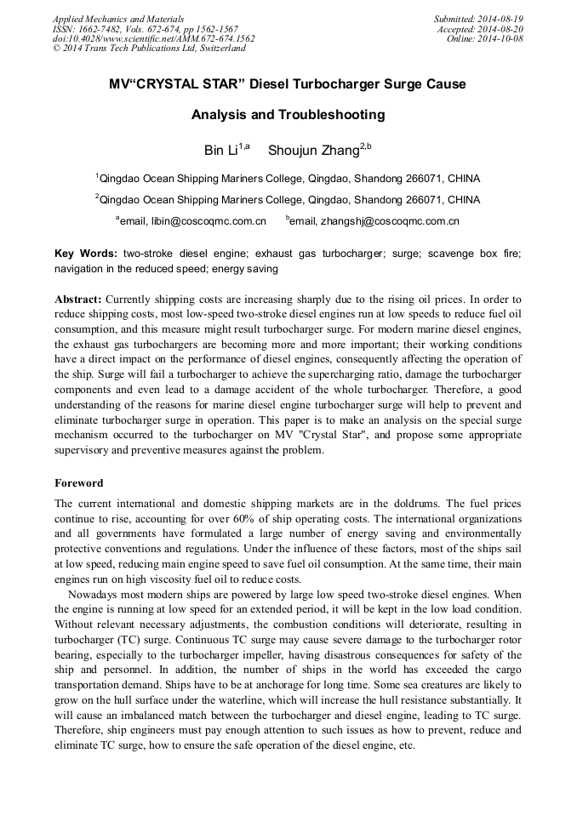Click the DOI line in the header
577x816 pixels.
coord(153,38)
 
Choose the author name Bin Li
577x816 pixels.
coord(221,151)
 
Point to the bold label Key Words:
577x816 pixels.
coord(86,254)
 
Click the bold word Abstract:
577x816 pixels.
coord(78,300)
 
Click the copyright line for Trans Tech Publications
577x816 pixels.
coord(149,49)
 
